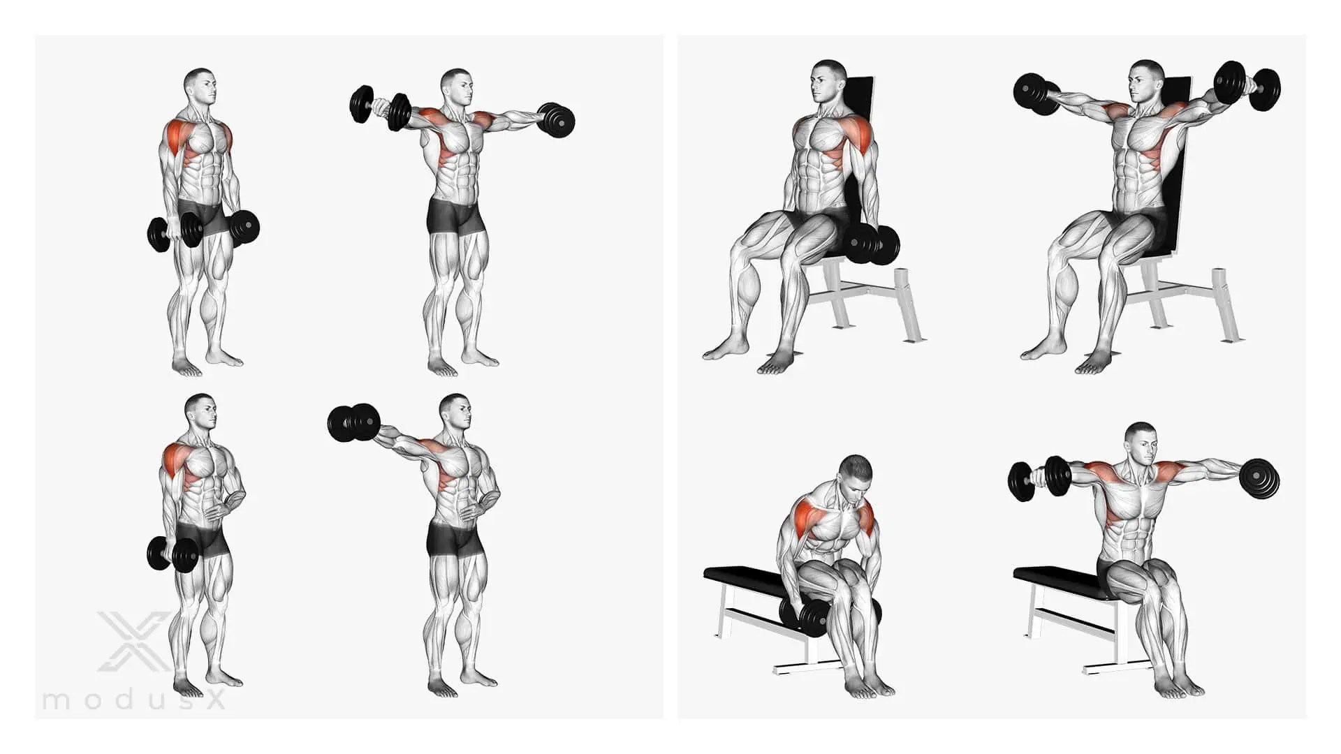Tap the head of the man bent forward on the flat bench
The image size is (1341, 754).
tap(856, 476)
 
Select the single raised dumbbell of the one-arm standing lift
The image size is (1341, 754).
tap(354, 424)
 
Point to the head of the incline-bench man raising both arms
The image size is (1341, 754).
tap(1145, 80)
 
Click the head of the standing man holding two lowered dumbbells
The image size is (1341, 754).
tap(200, 86)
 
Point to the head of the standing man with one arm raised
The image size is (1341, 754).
tap(456, 413)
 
